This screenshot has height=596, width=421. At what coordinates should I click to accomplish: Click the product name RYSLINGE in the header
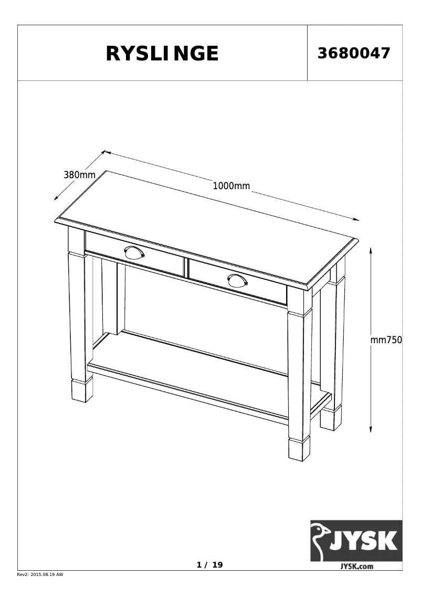(x=162, y=54)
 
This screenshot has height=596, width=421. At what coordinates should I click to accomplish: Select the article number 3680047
(x=354, y=53)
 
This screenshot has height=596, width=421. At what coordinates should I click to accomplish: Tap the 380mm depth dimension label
(x=79, y=175)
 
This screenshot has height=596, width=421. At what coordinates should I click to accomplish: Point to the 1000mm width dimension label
(x=231, y=186)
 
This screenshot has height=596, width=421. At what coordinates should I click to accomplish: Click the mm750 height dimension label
(x=386, y=340)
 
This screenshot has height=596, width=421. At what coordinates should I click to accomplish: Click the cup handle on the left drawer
(x=134, y=252)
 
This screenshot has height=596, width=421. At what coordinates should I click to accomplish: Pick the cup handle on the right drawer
(x=237, y=280)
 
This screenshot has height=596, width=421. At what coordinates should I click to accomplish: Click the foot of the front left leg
(x=82, y=391)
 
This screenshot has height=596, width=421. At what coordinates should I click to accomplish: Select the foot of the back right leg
(x=330, y=419)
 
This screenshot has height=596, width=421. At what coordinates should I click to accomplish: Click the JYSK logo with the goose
(x=356, y=541)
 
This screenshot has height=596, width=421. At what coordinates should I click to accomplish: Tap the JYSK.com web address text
(x=356, y=566)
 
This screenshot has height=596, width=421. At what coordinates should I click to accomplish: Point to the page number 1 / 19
(x=209, y=565)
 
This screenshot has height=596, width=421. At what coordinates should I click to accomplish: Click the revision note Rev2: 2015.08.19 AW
(x=40, y=575)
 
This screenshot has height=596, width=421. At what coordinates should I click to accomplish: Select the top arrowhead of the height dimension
(x=371, y=250)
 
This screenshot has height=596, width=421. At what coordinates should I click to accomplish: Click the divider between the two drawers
(x=186, y=266)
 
